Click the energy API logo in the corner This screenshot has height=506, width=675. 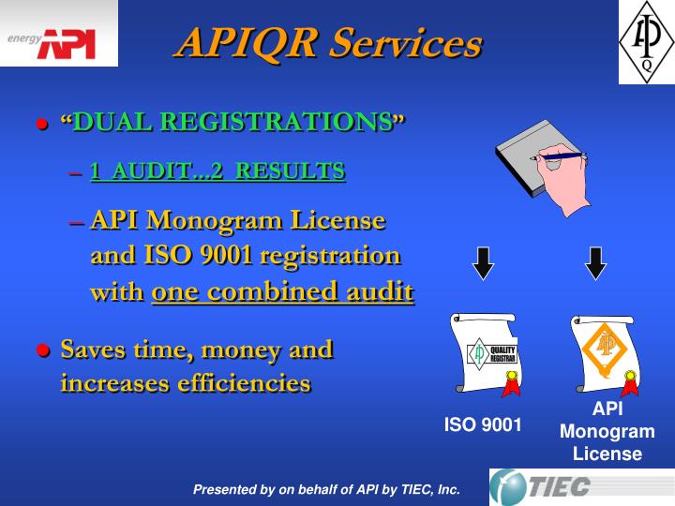click(x=58, y=35)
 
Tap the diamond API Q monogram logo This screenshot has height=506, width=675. click(x=646, y=41)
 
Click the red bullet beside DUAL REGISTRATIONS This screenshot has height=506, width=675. click(x=41, y=125)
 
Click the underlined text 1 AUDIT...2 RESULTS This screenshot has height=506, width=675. click(x=217, y=171)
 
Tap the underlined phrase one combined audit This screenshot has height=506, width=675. click(x=282, y=292)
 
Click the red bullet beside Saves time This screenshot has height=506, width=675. click(x=41, y=351)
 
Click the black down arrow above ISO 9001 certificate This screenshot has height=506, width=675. click(x=483, y=263)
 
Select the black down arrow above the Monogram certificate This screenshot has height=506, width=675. click(x=595, y=263)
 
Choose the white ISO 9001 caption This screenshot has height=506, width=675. click(x=483, y=424)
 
